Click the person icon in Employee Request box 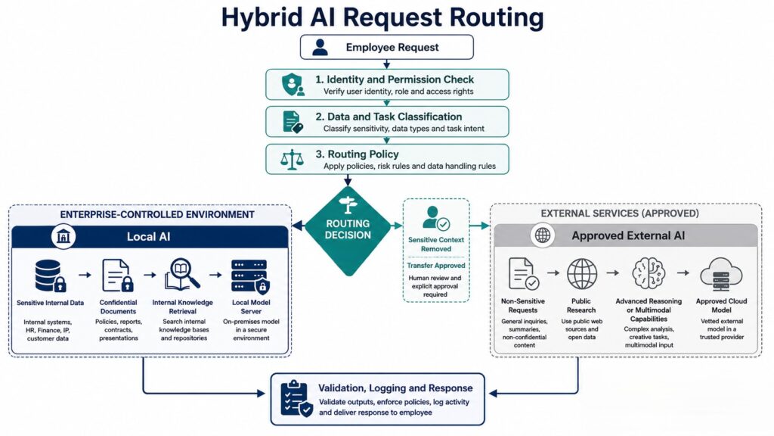320,48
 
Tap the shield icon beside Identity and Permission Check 293,85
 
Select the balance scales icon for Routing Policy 292,160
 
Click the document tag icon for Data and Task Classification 293,122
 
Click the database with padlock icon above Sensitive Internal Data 51,276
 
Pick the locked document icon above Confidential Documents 117,276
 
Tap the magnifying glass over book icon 182,274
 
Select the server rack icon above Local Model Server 250,276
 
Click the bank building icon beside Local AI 63,236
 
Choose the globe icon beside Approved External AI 543,235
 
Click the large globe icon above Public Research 581,273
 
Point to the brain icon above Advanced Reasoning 649,272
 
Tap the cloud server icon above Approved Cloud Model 720,274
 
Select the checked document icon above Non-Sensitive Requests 523,273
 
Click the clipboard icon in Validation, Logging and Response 296,398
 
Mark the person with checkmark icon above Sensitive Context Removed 436,218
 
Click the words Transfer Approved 436,266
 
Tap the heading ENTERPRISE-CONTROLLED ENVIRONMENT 157,214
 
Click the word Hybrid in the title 262,17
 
